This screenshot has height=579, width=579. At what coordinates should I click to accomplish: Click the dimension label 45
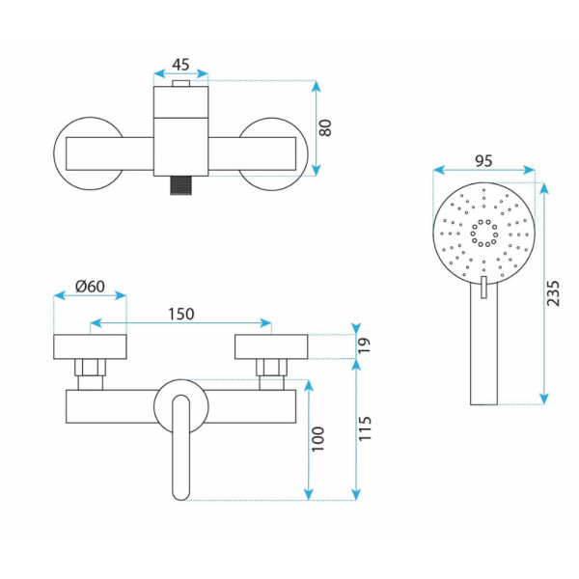point(180,65)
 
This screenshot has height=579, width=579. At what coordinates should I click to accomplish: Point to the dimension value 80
point(325,128)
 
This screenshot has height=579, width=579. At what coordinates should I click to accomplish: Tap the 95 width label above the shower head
point(483,160)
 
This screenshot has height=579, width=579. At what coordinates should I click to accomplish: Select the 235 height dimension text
point(553,293)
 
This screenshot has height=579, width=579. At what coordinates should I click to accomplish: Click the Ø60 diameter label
point(90,287)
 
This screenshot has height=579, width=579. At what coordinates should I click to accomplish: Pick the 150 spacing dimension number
point(181,314)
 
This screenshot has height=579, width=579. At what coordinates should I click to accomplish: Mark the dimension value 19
point(364,345)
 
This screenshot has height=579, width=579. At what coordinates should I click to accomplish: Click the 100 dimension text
point(317,439)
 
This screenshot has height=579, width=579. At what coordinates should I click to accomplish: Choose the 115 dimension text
point(365,428)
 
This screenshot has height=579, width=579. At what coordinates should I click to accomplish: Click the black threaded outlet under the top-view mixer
point(181,185)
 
